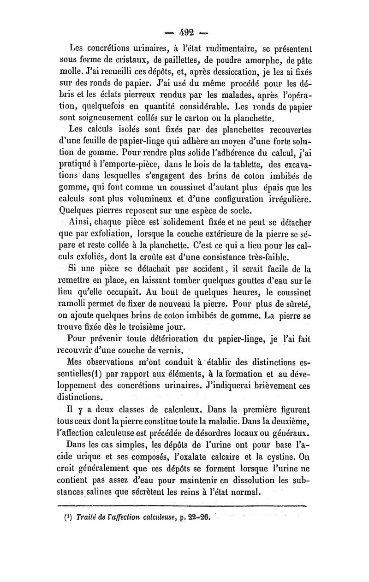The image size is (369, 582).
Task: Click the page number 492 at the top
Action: click(184, 33)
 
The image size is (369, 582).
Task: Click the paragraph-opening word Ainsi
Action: click(80, 225)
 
